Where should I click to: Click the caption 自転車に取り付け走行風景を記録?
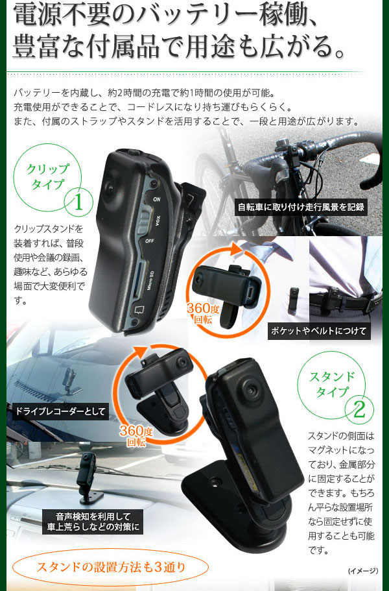point(301,207)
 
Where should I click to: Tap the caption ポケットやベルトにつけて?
point(318,331)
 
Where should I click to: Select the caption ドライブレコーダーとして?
point(60,411)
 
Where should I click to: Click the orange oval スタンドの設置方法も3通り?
point(111,567)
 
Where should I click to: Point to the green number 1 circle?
point(78,203)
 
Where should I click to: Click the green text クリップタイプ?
point(47,176)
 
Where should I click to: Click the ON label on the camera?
point(156,199)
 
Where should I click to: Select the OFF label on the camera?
point(149,240)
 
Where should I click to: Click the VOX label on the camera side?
point(158,221)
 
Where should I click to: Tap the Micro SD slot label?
point(150,281)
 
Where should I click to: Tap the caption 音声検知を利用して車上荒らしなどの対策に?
point(93,522)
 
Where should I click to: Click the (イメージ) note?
point(363,571)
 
